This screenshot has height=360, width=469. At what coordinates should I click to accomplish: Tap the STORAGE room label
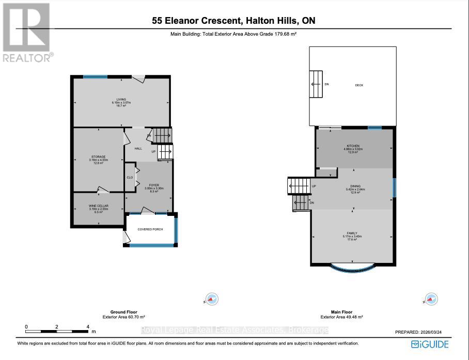pyautogui.click(x=99, y=156)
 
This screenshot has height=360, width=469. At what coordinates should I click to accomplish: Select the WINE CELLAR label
pyautogui.click(x=98, y=206)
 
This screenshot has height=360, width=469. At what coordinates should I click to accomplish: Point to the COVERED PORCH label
pyautogui.click(x=150, y=229)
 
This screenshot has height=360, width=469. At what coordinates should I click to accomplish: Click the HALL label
pyautogui.click(x=138, y=148)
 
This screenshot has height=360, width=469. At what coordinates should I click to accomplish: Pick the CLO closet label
pyautogui.click(x=130, y=177)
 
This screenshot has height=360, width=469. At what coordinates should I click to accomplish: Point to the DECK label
pyautogui.click(x=359, y=85)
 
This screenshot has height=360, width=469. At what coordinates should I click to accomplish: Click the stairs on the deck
pyautogui.click(x=316, y=84)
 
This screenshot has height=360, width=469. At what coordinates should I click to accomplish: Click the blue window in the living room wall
pyautogui.click(x=96, y=77)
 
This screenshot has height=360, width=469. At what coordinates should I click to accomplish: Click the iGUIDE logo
pyautogui.click(x=430, y=344)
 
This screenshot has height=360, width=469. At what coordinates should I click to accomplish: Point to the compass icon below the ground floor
pyautogui.click(x=212, y=299)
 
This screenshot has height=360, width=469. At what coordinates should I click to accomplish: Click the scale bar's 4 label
pyautogui.click(x=88, y=327)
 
